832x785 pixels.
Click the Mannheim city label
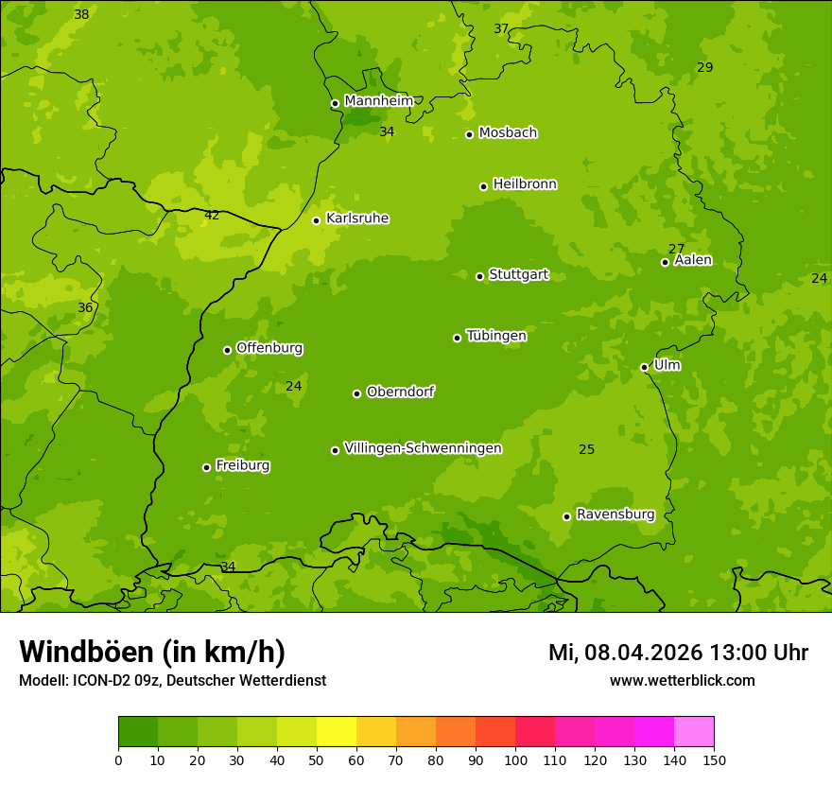click(378, 101)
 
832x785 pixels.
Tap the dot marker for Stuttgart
click(479, 276)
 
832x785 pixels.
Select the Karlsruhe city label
click(357, 218)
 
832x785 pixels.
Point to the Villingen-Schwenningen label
click(423, 448)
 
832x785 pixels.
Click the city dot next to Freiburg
click(206, 467)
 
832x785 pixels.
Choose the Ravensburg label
click(615, 515)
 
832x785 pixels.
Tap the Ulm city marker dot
click(644, 367)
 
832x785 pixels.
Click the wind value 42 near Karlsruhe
click(212, 216)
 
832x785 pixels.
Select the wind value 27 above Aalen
click(676, 249)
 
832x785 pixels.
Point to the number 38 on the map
click(81, 14)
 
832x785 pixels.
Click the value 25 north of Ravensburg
click(586, 449)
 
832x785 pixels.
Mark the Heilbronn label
click(525, 184)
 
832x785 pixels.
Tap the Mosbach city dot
click(469, 134)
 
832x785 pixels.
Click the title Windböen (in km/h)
click(152, 652)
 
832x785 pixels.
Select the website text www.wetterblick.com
click(682, 680)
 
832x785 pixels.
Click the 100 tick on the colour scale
click(515, 760)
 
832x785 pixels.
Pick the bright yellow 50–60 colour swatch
click(337, 732)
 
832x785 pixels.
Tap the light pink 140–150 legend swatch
click(694, 732)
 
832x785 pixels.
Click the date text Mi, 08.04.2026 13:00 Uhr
click(678, 653)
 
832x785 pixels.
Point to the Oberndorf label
click(400, 392)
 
